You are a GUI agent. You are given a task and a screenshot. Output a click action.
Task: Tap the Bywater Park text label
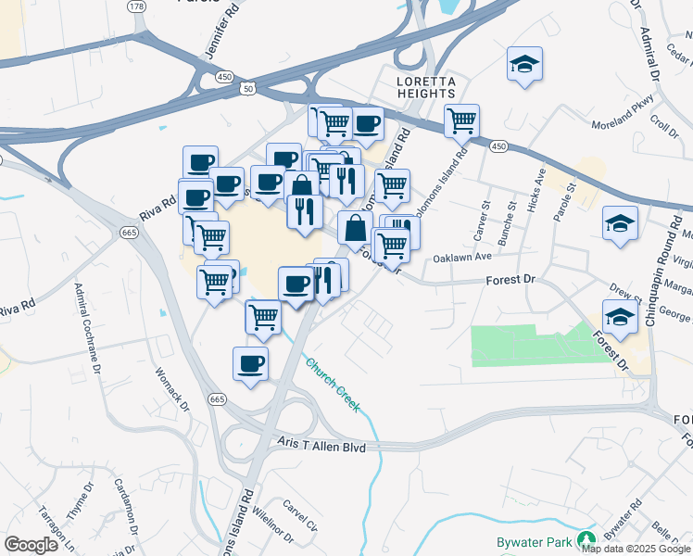(x=533, y=537)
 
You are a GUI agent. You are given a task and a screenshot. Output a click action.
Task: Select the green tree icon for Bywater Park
(x=585, y=538)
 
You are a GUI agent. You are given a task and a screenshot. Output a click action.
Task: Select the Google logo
(x=31, y=545)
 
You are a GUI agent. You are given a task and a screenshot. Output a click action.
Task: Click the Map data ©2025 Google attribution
(x=636, y=549)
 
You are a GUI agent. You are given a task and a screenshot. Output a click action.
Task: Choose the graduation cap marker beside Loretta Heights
(x=524, y=65)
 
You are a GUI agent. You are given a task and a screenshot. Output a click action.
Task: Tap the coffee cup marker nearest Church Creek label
(x=250, y=363)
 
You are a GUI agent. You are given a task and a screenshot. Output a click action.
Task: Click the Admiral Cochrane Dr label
(x=88, y=330)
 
